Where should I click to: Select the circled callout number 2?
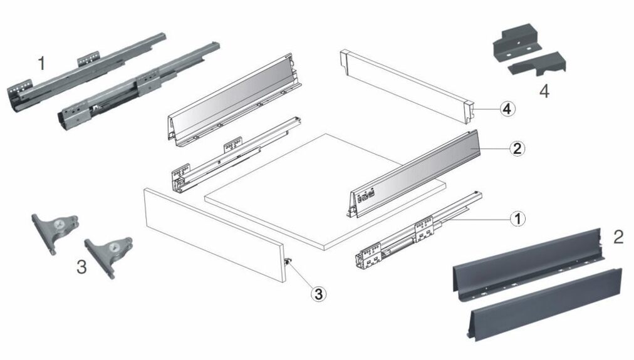click(x=517, y=148)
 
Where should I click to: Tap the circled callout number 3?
click(x=320, y=293)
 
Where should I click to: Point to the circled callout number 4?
click(x=507, y=108)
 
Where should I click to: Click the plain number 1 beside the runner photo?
click(x=41, y=63)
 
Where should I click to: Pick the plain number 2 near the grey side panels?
click(x=618, y=237)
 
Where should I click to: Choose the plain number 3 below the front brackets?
click(x=81, y=267)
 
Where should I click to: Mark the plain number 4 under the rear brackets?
click(x=544, y=91)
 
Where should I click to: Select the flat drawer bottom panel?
click(x=326, y=188)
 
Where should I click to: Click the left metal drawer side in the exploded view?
click(x=232, y=100)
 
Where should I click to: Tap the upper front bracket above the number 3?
click(x=55, y=229)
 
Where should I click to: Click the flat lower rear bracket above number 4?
click(x=539, y=64)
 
